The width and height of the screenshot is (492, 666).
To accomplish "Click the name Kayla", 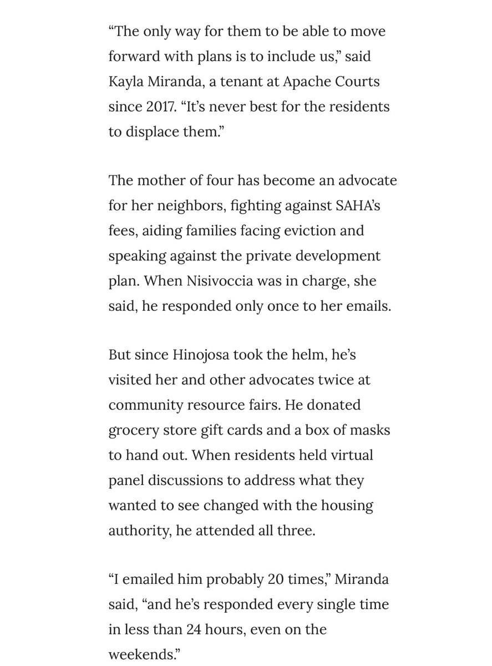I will click(128, 82).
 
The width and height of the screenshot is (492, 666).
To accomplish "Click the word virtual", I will click(348, 455).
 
